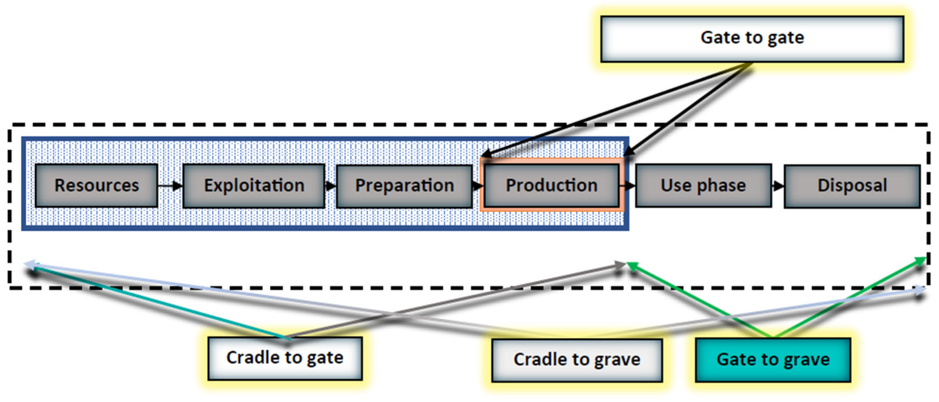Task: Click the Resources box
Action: click(96, 186)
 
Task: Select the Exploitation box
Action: click(254, 186)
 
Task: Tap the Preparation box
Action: click(404, 186)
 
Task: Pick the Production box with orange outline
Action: click(551, 186)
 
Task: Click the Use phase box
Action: click(703, 186)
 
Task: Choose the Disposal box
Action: click(852, 186)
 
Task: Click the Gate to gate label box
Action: click(752, 38)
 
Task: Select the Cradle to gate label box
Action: click(285, 358)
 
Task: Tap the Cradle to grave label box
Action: click(577, 360)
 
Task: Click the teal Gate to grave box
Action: click(773, 360)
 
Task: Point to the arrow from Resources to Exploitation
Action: click(170, 186)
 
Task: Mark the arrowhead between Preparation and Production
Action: click(478, 186)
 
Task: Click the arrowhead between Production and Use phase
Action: click(630, 186)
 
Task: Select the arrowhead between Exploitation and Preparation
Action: click(330, 186)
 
